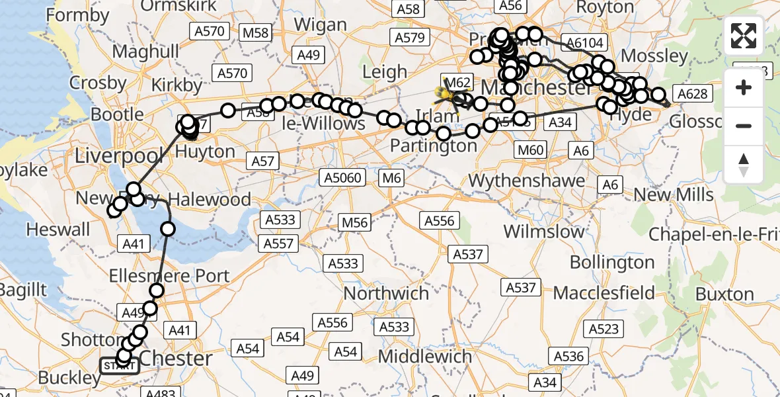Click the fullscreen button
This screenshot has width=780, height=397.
pos(744,36)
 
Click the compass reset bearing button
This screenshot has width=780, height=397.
pos(744,164)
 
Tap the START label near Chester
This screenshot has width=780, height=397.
pos(119,366)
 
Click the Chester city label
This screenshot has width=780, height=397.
pos(176,359)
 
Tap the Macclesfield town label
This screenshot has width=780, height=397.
pos(604,292)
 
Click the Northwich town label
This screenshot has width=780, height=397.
pos(386,292)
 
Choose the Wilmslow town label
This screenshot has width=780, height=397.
pos(544,232)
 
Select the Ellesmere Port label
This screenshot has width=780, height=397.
pos(170,276)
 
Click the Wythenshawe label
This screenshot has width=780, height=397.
pos(527,180)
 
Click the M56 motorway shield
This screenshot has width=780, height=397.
pos(354,222)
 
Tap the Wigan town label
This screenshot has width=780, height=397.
pos(319,25)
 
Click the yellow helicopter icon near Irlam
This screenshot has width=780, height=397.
pos(447,97)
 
